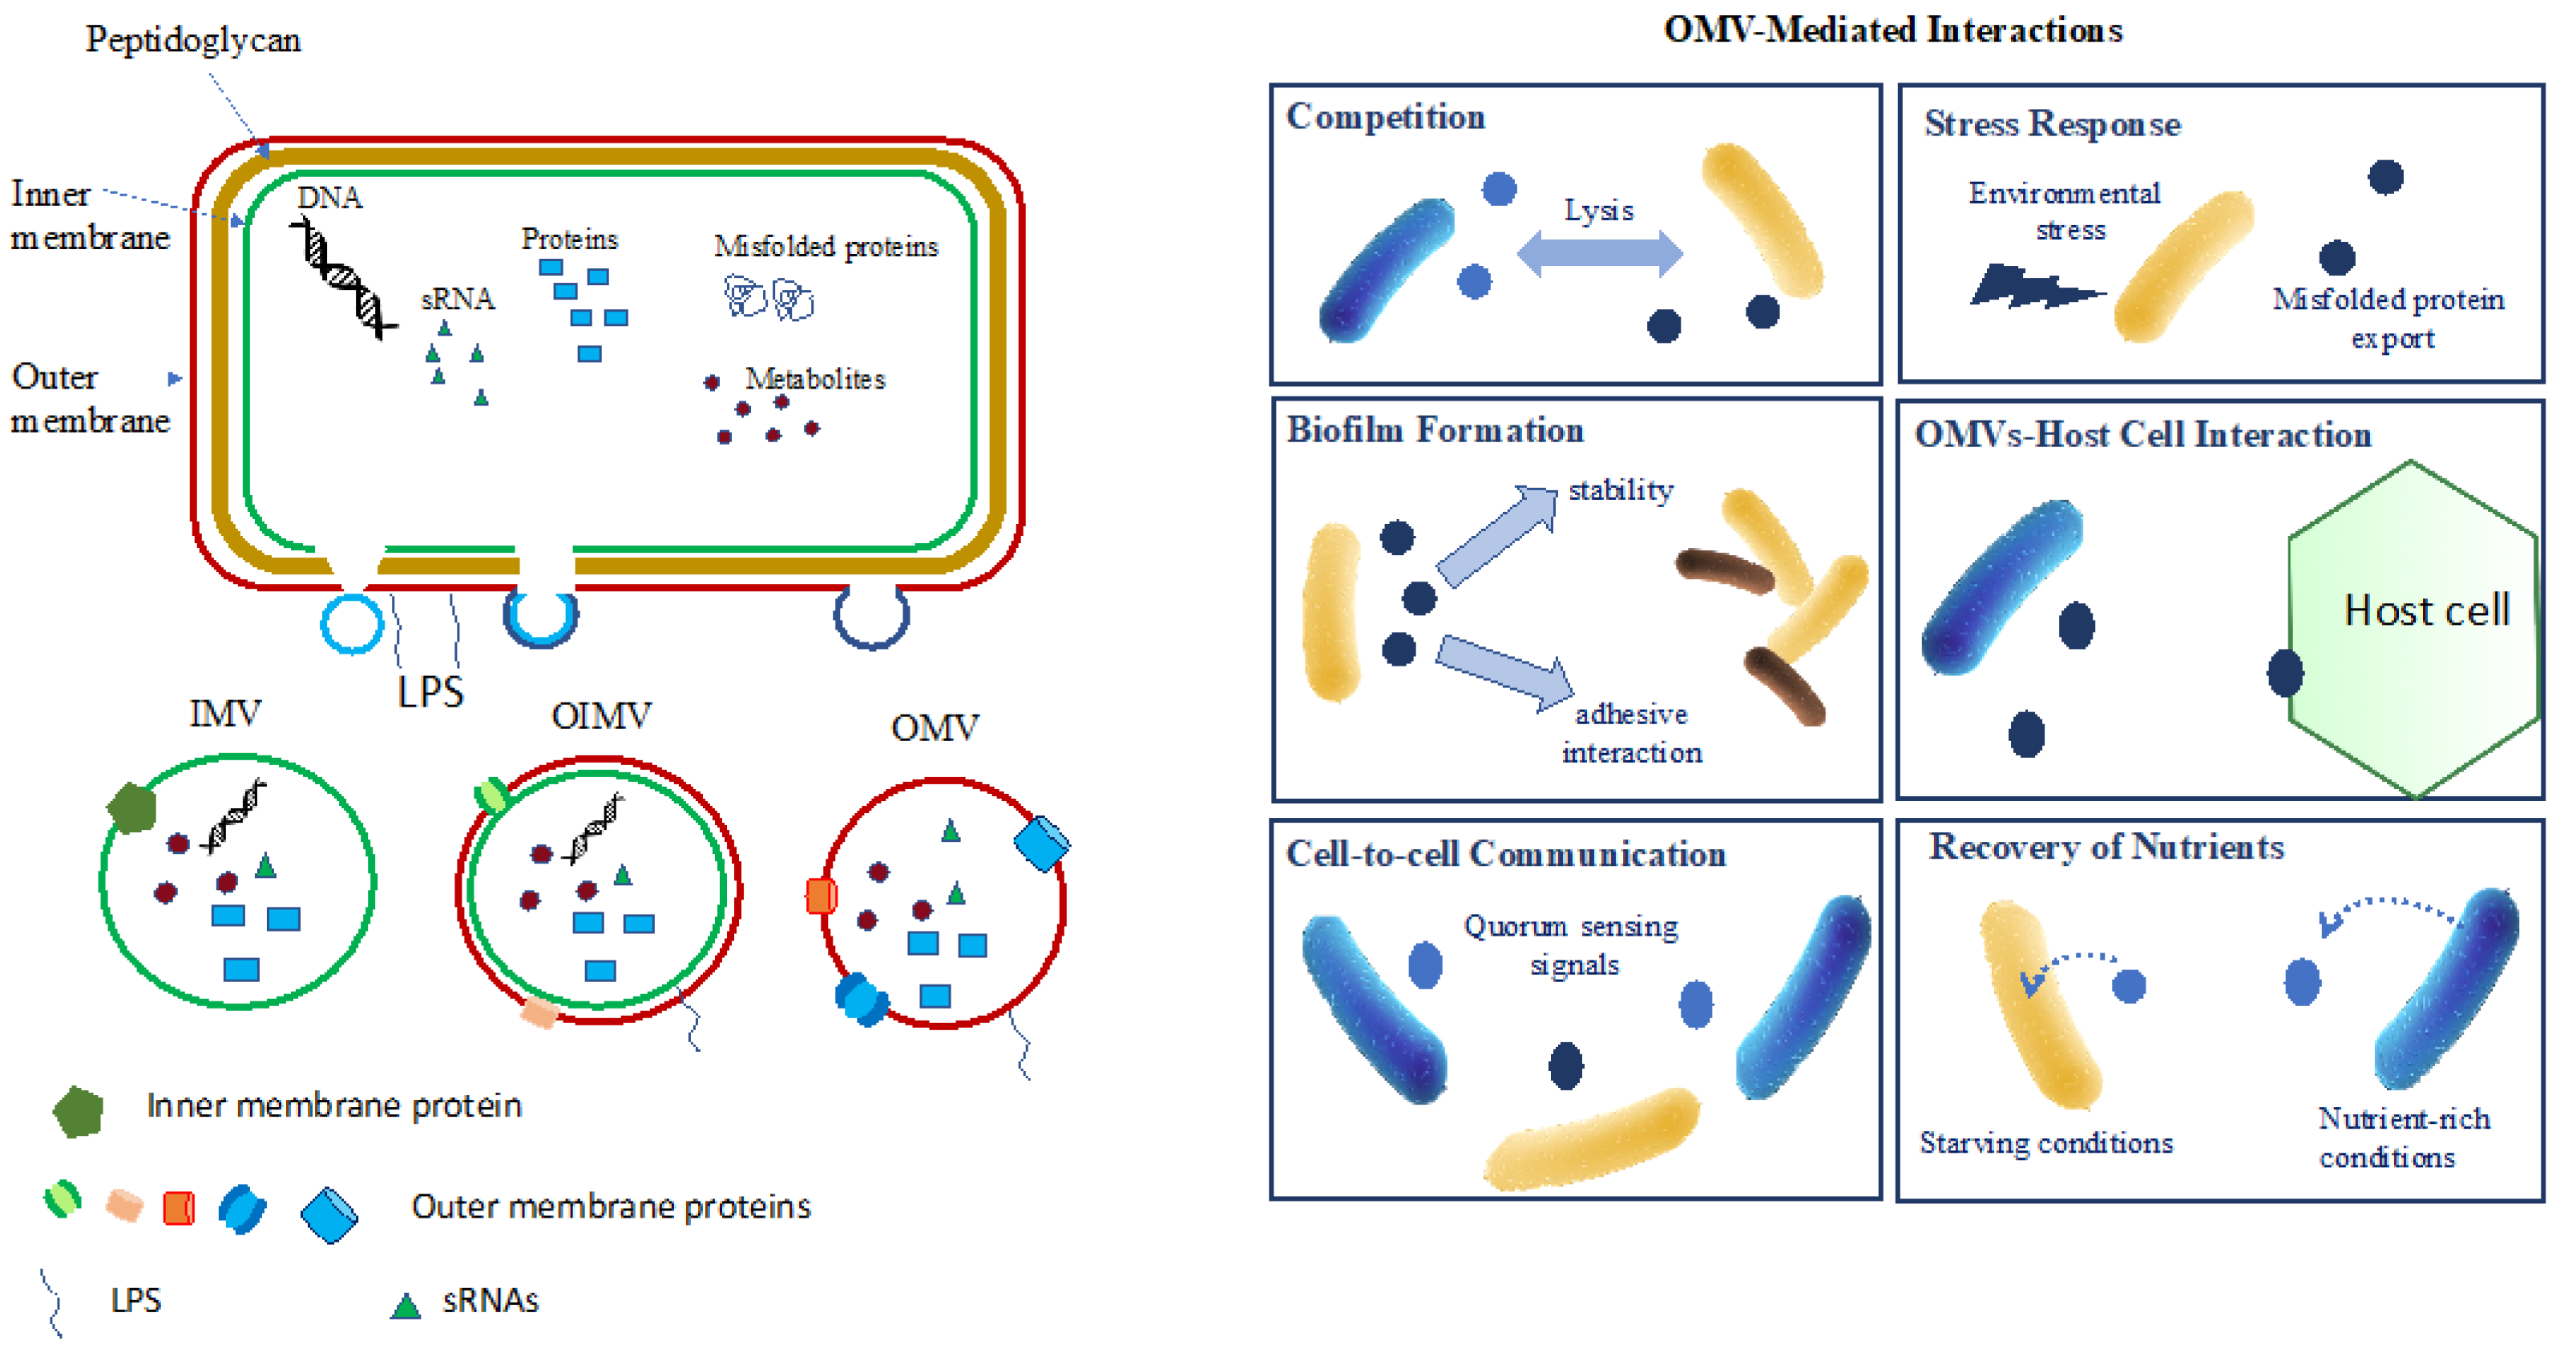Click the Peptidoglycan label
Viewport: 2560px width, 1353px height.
coord(193,40)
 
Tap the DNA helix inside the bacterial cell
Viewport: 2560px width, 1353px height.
coord(345,279)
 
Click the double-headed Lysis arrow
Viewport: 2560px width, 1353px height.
coord(1599,253)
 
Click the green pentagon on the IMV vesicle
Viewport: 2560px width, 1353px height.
coord(132,807)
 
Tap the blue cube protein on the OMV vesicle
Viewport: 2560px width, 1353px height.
coord(1040,844)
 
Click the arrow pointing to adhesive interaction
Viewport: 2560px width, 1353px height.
coord(1504,671)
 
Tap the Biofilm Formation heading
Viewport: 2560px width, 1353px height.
coord(1434,430)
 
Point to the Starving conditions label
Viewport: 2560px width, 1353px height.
coord(2045,1142)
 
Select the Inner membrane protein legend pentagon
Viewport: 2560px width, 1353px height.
coord(79,1110)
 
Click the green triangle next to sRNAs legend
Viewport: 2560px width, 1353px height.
coord(405,1305)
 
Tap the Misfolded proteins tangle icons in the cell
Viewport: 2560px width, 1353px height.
coord(768,297)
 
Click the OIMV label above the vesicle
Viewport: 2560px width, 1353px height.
coord(601,715)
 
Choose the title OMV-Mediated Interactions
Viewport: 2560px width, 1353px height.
coord(1892,30)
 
